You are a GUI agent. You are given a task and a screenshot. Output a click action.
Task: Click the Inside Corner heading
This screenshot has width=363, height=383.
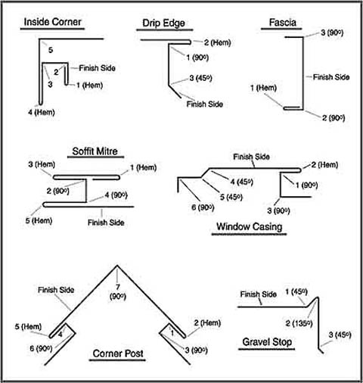pyautogui.click(x=52, y=22)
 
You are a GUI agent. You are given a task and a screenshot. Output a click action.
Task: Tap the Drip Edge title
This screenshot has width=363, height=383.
pyautogui.click(x=163, y=23)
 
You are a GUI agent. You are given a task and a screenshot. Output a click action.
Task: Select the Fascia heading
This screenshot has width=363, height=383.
pyautogui.click(x=283, y=23)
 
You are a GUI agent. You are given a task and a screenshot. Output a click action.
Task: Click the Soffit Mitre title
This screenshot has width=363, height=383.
pyautogui.click(x=95, y=151)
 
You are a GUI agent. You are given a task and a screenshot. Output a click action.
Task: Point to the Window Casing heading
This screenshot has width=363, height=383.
pyautogui.click(x=250, y=226)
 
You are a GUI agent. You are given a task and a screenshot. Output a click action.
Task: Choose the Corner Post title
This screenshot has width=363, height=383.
pyautogui.click(x=118, y=353)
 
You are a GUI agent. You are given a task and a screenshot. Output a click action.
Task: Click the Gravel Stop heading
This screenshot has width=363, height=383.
pyautogui.click(x=267, y=342)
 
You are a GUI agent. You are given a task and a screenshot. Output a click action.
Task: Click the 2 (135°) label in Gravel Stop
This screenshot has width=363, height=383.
pyautogui.click(x=299, y=323)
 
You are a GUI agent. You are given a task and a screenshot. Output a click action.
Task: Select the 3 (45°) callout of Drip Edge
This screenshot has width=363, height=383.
pyautogui.click(x=200, y=78)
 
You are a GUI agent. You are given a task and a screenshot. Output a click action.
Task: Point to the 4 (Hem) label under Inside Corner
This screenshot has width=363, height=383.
pyautogui.click(x=42, y=112)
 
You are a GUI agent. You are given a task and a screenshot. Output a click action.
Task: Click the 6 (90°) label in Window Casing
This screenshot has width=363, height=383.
pyautogui.click(x=203, y=207)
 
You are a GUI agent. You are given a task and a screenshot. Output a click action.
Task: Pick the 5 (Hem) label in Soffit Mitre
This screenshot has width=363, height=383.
pyautogui.click(x=39, y=220)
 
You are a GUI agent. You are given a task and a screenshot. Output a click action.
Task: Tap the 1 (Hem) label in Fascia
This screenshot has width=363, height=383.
pyautogui.click(x=263, y=88)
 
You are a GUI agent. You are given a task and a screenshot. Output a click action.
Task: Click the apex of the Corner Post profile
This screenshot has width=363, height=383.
pyautogui.click(x=117, y=265)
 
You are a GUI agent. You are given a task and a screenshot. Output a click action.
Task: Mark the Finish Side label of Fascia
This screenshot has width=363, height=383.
pyautogui.click(x=331, y=77)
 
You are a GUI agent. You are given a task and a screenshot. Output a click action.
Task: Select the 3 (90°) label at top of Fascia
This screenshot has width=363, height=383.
pyautogui.click(x=332, y=33)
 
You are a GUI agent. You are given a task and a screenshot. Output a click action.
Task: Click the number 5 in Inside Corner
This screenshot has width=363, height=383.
pyautogui.click(x=51, y=50)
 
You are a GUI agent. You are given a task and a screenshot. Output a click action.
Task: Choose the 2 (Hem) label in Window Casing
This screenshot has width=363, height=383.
pyautogui.click(x=324, y=165)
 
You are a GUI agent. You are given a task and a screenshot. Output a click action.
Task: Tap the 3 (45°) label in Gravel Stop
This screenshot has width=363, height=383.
pyautogui.click(x=340, y=335)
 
